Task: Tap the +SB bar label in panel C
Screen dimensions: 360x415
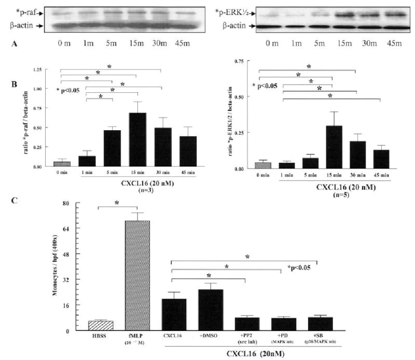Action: click(315, 337)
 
